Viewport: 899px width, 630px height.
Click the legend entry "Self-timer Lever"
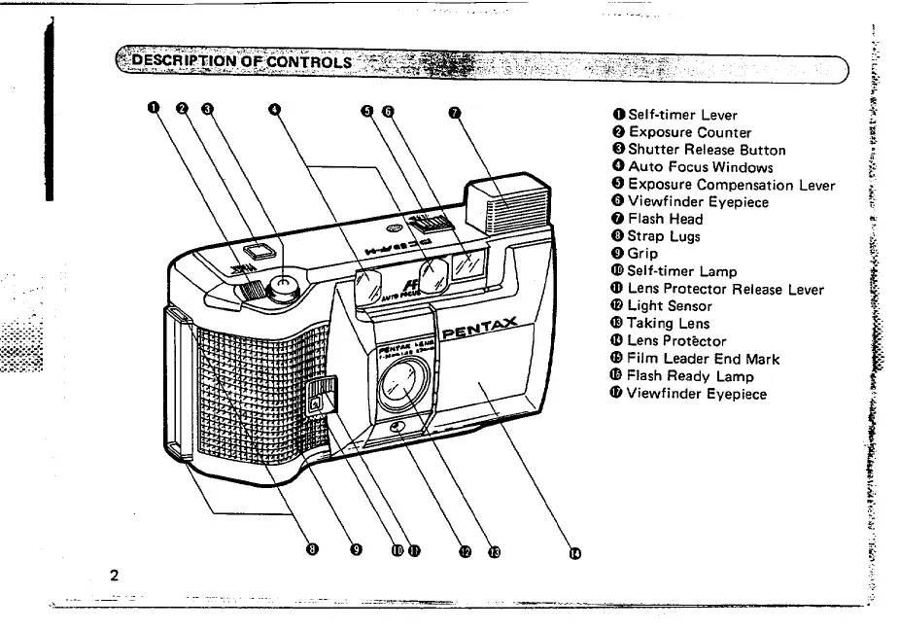click(x=679, y=115)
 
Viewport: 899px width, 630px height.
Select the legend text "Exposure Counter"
click(x=688, y=132)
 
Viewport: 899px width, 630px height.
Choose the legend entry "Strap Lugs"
click(x=664, y=236)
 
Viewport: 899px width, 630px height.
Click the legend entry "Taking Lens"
click(x=669, y=324)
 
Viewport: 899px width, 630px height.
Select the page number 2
click(x=114, y=576)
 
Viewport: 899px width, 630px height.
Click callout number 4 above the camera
click(x=274, y=109)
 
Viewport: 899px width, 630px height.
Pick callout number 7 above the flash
click(x=453, y=110)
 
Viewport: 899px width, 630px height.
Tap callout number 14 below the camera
click(x=574, y=552)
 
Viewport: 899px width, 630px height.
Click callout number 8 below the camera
click(x=311, y=549)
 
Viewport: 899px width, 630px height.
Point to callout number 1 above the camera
click(x=153, y=109)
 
